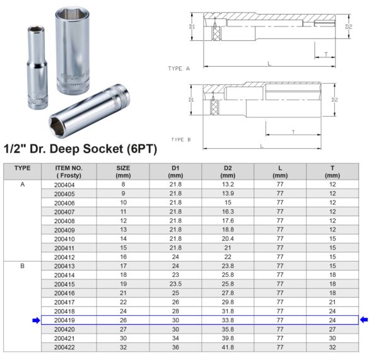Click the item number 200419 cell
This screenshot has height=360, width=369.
coord(64,320)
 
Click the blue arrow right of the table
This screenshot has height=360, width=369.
coord(363,320)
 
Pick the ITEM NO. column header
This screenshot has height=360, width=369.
coord(64,171)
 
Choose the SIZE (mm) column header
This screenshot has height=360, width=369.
coord(123,171)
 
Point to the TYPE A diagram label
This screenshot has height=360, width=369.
coord(179,68)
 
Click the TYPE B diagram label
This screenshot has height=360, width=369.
coord(180,139)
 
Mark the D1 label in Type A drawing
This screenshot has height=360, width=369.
coord(192,27)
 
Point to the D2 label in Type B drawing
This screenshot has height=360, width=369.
coord(335,100)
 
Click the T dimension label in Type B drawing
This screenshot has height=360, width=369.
coord(293,131)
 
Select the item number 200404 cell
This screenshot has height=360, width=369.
coord(64,185)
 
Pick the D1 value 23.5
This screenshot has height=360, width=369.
coord(175,284)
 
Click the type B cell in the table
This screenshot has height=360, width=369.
coord(23,266)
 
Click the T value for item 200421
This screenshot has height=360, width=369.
coord(332,337)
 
